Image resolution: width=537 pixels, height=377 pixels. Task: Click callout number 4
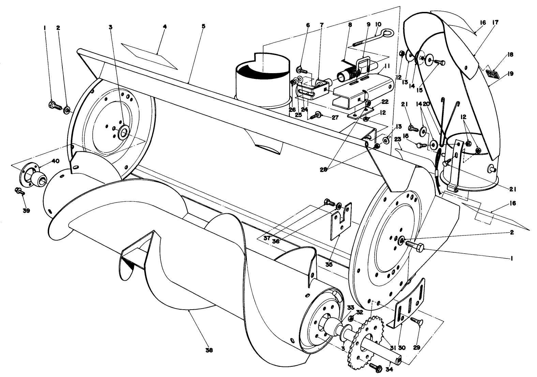(164, 27)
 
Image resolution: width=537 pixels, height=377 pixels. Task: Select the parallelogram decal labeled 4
(150, 56)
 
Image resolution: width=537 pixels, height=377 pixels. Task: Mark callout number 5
(203, 26)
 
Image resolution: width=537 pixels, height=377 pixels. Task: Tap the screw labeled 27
(315, 115)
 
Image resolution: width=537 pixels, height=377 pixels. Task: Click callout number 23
(398, 148)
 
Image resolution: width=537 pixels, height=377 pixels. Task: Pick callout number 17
(495, 22)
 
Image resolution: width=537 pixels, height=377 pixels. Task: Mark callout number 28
(323, 169)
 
